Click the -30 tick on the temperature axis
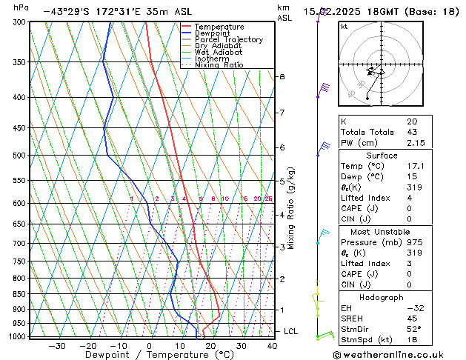pos(56,345)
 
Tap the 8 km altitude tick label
pos(282,77)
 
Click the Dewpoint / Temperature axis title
pos(149,355)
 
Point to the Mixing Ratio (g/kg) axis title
pos(292,208)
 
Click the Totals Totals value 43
pos(412,132)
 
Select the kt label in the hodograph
pos(344,27)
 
